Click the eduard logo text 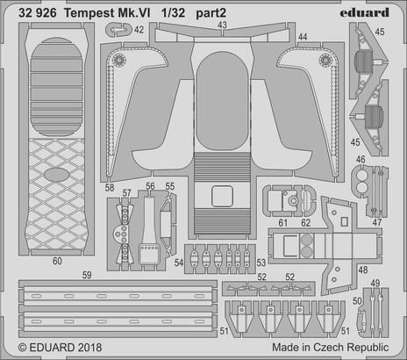pos(364,13)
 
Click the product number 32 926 pos(38,13)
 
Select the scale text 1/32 pos(173,13)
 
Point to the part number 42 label pos(139,30)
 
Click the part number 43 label pos(222,25)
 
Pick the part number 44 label pos(303,37)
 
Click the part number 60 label pos(57,261)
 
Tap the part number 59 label pos(87,275)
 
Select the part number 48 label pos(363,270)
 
